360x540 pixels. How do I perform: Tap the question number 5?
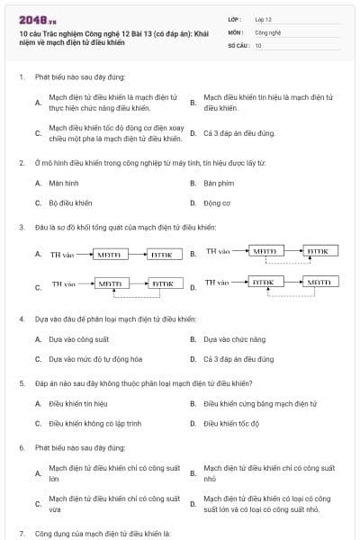click(22, 382)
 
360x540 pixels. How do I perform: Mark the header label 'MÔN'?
click(237, 31)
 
